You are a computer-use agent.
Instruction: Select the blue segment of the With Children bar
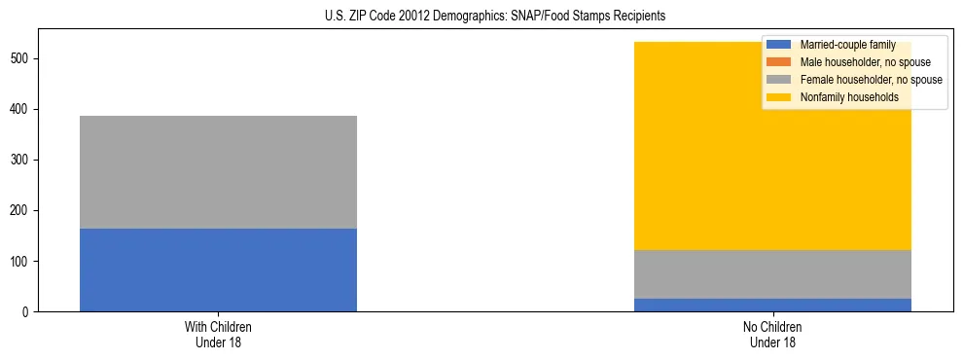(218, 270)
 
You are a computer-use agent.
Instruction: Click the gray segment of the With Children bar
(218, 172)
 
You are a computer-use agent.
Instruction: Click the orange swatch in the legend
(779, 62)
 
